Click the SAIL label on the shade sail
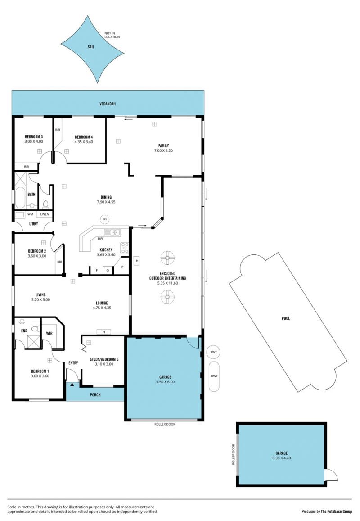pos(91,47)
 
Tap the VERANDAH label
pos(108,104)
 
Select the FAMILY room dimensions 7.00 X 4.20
pos(163,150)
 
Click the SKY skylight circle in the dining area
pos(105,219)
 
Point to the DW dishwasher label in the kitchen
pos(100,239)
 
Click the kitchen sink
pos(112,232)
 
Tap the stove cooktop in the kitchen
pos(125,248)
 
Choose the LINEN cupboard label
pos(45,214)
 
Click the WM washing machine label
pos(30,214)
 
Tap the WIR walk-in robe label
pos(49,333)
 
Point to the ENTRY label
pos(73,363)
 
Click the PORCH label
pos(95,395)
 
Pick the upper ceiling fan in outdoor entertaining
pos(167,258)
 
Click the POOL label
pos(286,318)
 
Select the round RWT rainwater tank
pos(214,352)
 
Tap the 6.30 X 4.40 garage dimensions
pos(281,458)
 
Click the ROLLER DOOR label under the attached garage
pos(165,424)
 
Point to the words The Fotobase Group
pos(337,512)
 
